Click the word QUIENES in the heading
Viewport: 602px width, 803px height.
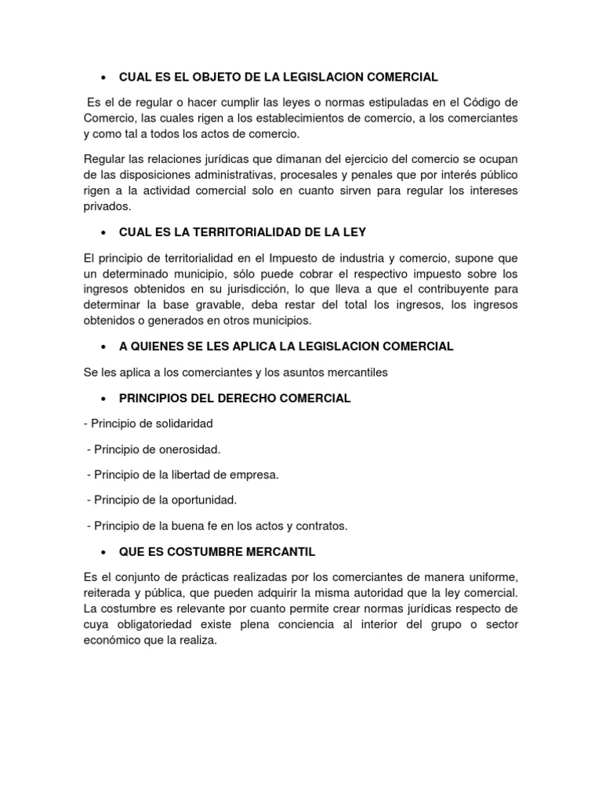pyautogui.click(x=163, y=346)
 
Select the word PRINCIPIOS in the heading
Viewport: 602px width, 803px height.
pyautogui.click(x=154, y=398)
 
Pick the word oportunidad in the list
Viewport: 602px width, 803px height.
pyautogui.click(x=203, y=500)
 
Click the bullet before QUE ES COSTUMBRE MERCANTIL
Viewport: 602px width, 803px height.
pyautogui.click(x=103, y=551)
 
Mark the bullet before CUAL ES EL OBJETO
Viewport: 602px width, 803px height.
pyautogui.click(x=103, y=77)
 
